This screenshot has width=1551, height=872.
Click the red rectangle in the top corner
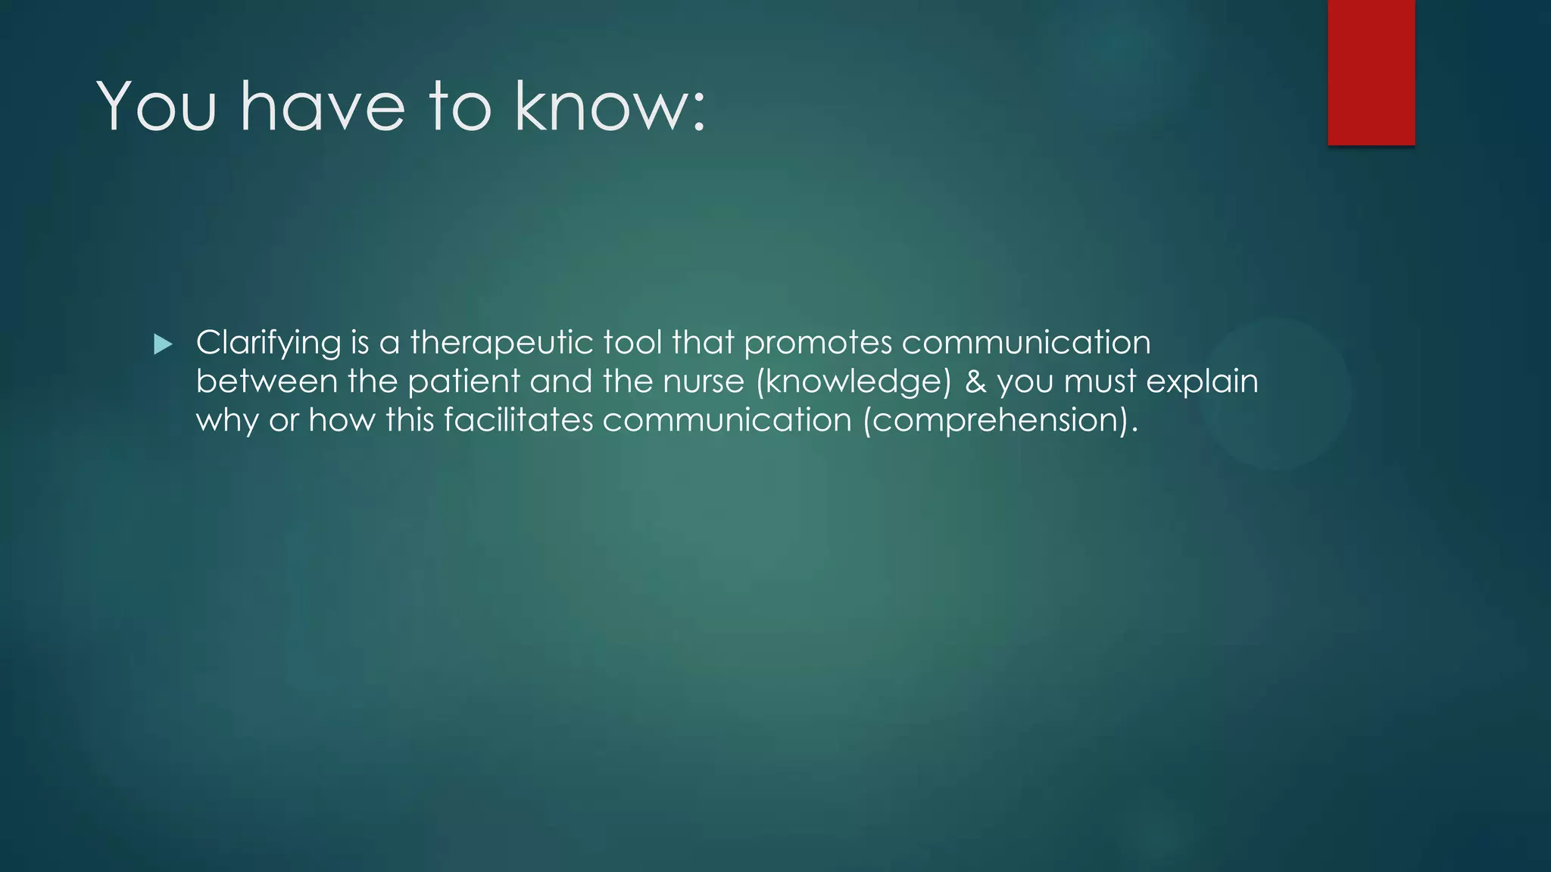[x=1371, y=72]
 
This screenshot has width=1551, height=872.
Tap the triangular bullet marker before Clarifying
[x=162, y=344]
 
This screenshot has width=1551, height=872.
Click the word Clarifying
[x=268, y=343]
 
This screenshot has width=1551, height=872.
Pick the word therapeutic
[x=501, y=343]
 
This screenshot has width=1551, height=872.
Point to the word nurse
[x=703, y=381]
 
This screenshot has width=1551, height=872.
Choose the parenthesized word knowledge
[x=854, y=382]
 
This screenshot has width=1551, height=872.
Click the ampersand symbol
[x=975, y=381]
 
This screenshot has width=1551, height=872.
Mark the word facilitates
[x=518, y=420]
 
